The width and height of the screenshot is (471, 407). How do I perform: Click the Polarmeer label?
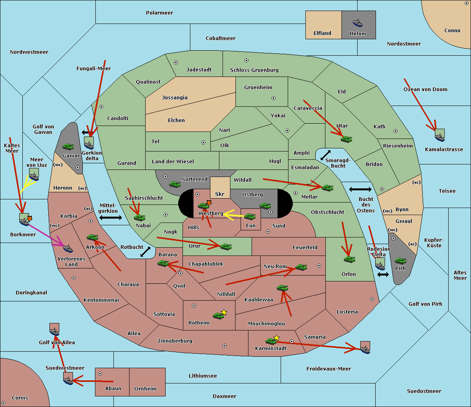click(x=159, y=13)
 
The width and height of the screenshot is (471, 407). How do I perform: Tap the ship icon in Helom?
click(x=357, y=22)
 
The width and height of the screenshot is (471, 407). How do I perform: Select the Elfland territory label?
click(x=322, y=33)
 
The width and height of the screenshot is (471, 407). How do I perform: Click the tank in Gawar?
click(x=68, y=146)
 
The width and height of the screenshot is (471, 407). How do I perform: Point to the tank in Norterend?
click(x=175, y=184)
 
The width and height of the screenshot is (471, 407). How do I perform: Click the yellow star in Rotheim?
click(x=224, y=312)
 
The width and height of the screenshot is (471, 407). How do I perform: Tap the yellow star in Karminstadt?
click(x=277, y=338)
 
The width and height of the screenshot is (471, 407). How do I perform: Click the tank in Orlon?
click(x=349, y=259)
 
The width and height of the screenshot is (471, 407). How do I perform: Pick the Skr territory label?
click(x=220, y=194)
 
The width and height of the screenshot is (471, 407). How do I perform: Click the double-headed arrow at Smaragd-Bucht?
click(x=326, y=155)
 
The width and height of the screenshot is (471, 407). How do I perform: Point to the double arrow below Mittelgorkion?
click(x=110, y=217)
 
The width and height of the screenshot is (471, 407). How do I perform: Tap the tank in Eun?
click(x=250, y=216)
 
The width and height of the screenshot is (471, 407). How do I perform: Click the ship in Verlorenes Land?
click(x=68, y=248)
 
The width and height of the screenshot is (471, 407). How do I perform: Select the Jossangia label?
click(x=175, y=98)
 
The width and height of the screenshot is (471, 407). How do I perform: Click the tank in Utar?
click(x=346, y=139)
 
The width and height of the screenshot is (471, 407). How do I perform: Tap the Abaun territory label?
click(x=113, y=389)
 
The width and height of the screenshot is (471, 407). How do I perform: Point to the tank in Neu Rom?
click(x=301, y=267)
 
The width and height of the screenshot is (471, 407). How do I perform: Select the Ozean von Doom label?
click(x=425, y=89)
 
